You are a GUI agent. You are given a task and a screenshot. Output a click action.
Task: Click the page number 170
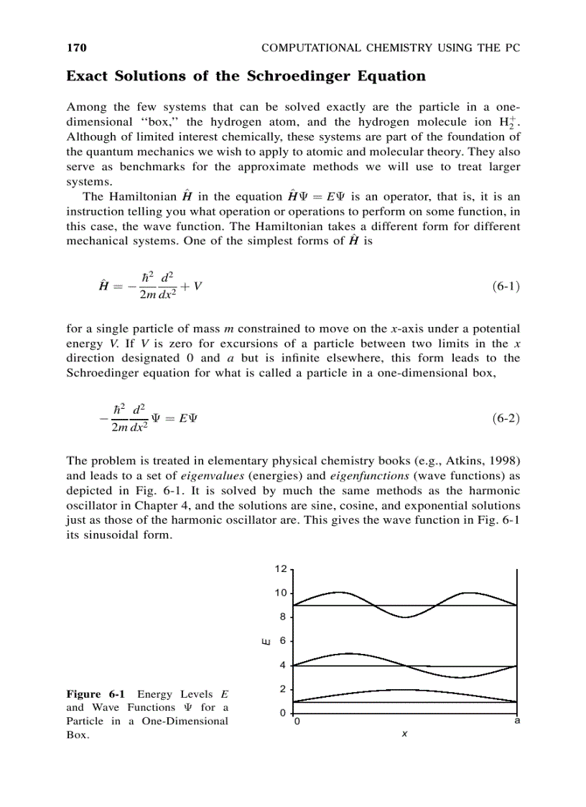pos(76,48)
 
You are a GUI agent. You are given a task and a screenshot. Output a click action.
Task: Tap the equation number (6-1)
pos(506,286)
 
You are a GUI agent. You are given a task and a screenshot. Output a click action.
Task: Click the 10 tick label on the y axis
pos(280,593)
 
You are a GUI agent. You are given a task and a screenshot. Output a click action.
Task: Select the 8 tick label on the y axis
pos(283,617)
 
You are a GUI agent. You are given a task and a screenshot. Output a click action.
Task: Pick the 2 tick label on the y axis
pos(283,689)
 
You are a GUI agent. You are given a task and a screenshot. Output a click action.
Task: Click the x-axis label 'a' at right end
pos(517,721)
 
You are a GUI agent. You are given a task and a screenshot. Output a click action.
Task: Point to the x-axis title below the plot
pos(405,734)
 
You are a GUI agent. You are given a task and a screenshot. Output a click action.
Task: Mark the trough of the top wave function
pos(405,617)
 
